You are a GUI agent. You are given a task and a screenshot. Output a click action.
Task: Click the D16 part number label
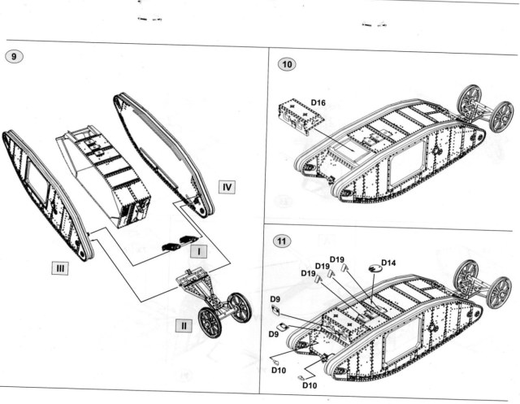[318, 102]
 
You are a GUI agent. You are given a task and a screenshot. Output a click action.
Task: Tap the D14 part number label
[388, 263]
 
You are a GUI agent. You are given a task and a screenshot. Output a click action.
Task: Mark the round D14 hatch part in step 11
[375, 270]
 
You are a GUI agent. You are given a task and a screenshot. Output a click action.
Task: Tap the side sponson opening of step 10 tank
[403, 167]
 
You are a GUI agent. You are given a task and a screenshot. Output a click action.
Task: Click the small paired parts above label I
[180, 241]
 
